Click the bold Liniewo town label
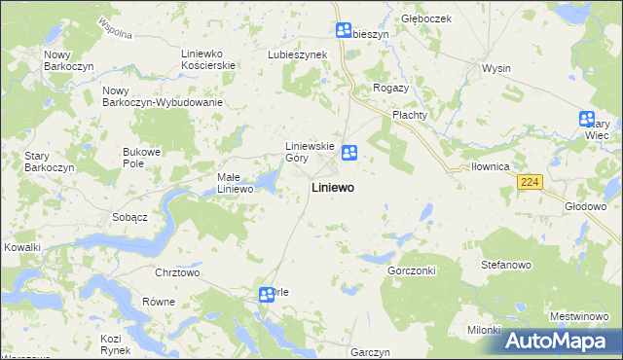[332, 187]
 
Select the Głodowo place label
[586, 206]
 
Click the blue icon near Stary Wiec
[587, 119]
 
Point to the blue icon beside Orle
[266, 294]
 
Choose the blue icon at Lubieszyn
[343, 31]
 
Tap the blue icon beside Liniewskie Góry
[349, 151]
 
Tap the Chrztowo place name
[177, 272]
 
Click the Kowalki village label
[20, 247]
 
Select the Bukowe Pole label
[140, 157]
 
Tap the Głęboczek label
[422, 18]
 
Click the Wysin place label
[496, 69]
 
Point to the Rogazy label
[389, 88]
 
